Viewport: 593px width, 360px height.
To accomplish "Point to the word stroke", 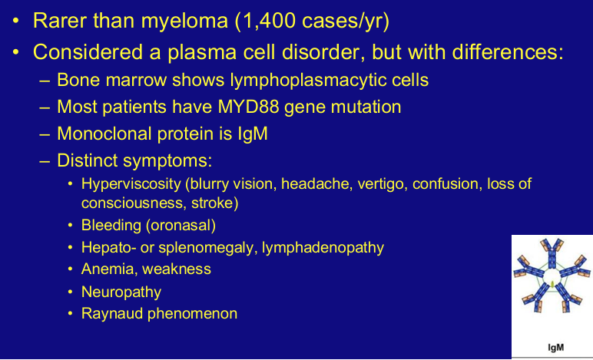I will (x=214, y=203).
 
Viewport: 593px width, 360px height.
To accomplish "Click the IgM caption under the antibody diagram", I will (x=556, y=347).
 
